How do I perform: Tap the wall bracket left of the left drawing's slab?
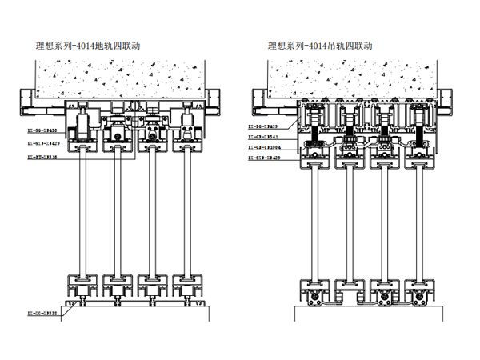click(x=30, y=99)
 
